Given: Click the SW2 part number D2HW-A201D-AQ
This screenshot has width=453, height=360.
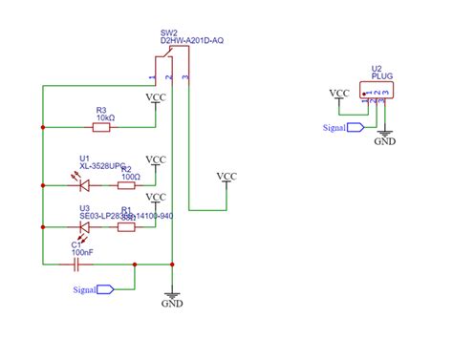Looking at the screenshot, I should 191,41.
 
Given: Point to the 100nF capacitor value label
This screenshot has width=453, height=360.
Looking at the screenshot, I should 83,252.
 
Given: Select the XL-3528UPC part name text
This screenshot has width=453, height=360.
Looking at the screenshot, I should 101,166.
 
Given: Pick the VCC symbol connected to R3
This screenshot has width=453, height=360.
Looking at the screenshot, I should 156,98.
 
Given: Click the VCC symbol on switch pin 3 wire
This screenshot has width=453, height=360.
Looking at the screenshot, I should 226,177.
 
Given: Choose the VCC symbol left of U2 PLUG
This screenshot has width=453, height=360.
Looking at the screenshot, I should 338,94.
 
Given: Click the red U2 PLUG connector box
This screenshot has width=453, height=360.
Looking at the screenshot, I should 375,91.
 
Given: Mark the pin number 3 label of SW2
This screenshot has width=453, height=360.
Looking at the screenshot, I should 184,74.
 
